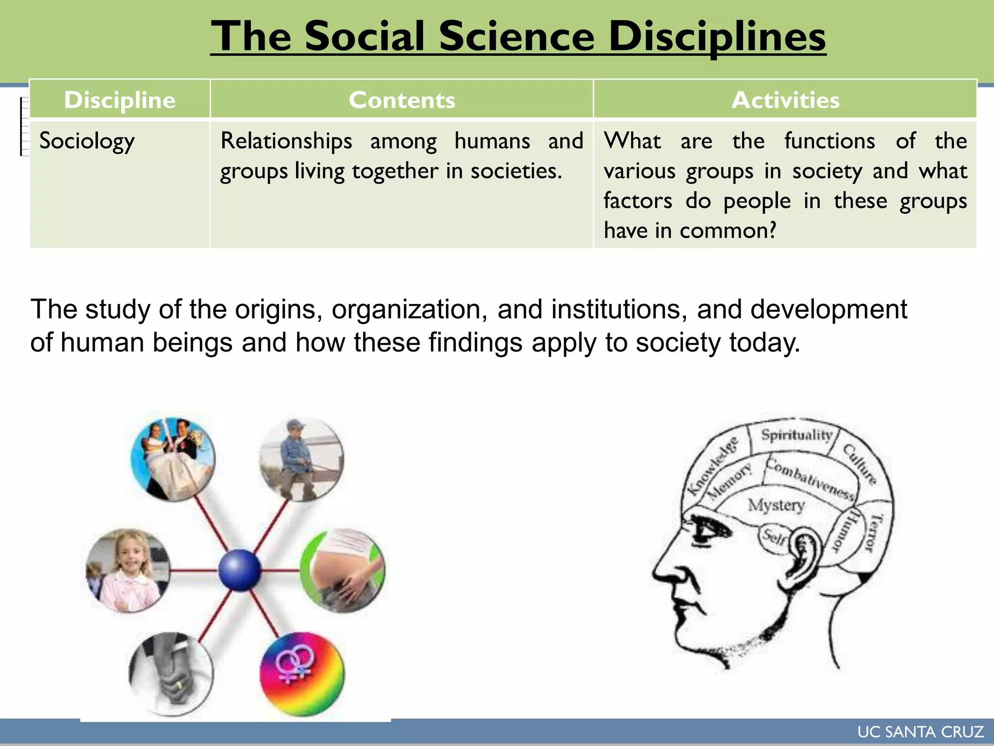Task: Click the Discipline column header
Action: click(119, 100)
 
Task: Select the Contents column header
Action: click(402, 100)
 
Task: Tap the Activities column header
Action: click(785, 100)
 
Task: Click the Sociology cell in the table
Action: click(87, 141)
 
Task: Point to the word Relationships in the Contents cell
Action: click(286, 141)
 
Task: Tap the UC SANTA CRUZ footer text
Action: click(920, 732)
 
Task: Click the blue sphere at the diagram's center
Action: click(239, 570)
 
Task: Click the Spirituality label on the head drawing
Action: click(796, 435)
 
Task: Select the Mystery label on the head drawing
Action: click(776, 505)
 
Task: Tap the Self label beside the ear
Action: click(775, 537)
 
